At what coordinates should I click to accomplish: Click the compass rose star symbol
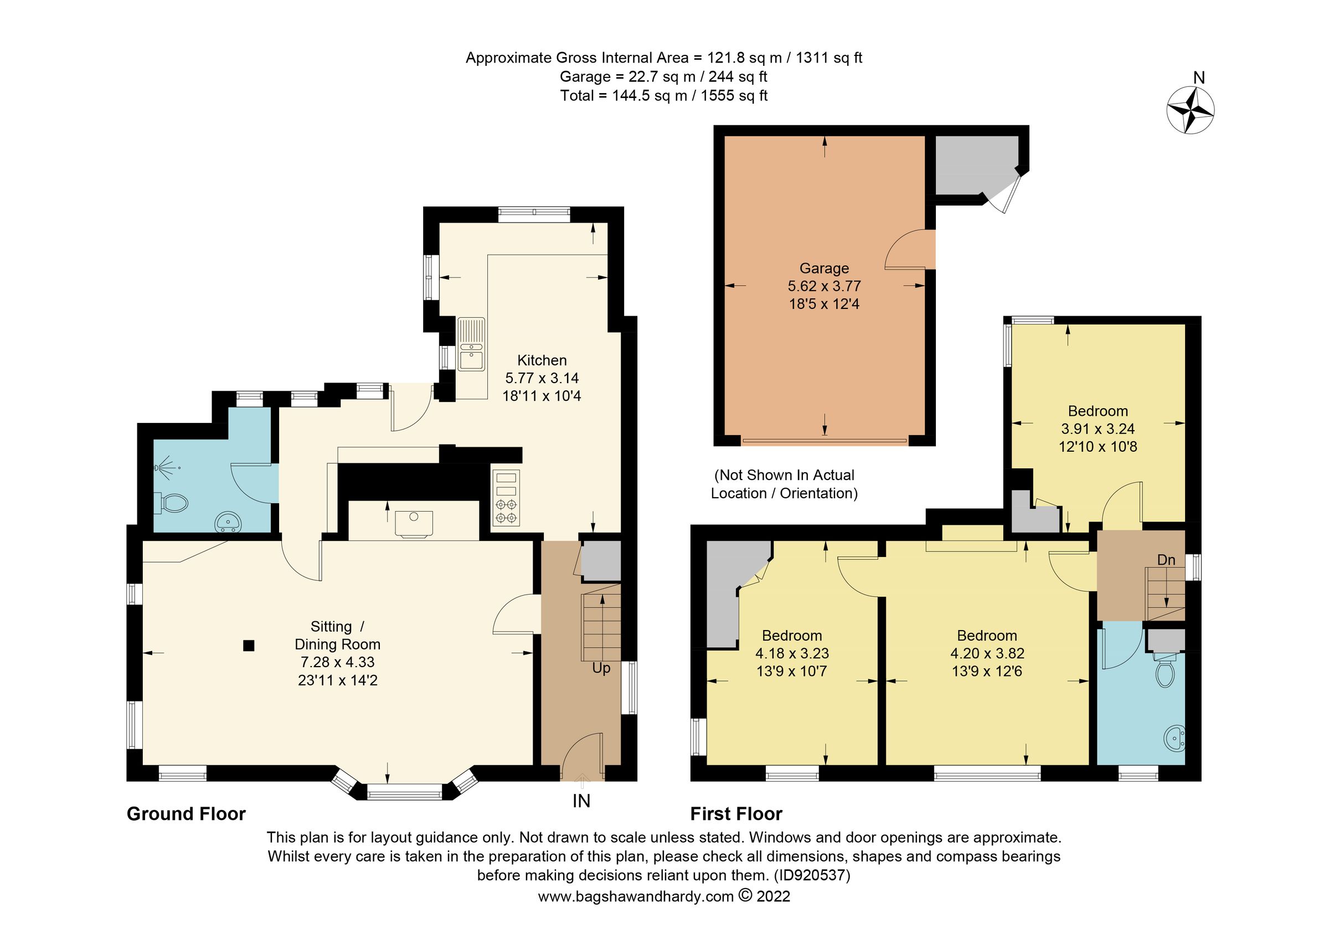pos(1189,110)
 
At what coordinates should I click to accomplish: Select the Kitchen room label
pos(541,360)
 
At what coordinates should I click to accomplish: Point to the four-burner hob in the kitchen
pos(506,499)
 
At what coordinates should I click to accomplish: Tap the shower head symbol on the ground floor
pos(165,467)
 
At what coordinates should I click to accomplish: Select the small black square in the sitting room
pos(248,646)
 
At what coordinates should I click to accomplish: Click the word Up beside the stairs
pos(601,668)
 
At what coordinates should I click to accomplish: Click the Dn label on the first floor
pos(1166,560)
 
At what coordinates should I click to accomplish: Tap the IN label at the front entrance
pos(581,801)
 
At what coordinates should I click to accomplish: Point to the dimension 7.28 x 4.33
pos(337,663)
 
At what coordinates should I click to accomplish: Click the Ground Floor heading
pos(186,814)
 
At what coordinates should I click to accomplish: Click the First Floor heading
pos(736,814)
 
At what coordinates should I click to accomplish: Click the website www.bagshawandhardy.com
pos(636,897)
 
